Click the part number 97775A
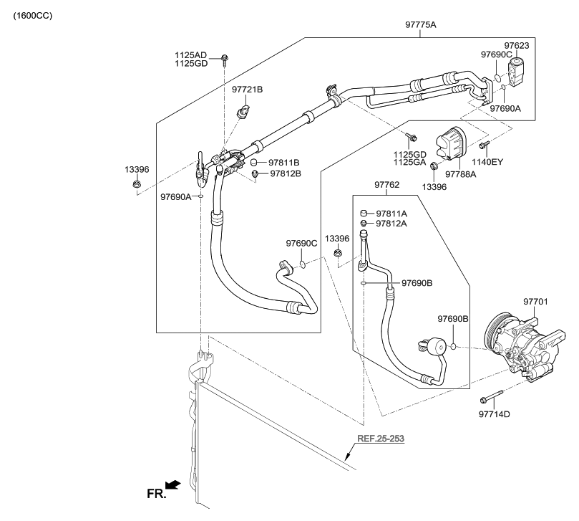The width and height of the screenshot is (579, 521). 420,25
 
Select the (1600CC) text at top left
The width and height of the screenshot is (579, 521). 32,15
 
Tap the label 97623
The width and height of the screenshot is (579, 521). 516,46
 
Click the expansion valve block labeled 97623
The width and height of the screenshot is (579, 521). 517,71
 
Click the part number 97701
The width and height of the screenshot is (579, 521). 535,302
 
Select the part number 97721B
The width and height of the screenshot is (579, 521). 247,90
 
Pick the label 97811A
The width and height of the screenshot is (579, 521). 391,214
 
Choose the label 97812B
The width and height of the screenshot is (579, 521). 286,173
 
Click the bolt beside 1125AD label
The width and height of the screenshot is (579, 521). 225,57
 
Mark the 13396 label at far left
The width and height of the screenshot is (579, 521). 137,169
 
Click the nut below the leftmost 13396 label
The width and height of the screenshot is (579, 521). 137,186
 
